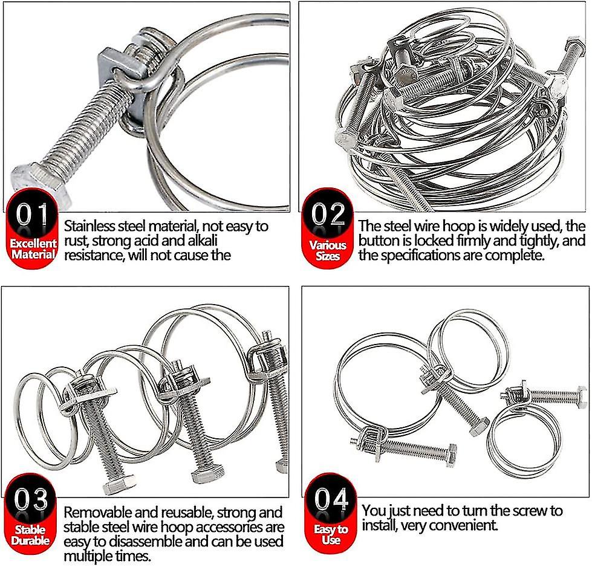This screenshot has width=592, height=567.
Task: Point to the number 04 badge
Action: click(330, 501)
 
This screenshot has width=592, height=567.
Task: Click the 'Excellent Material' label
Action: click(33, 248)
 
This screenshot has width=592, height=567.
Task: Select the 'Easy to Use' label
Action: click(331, 534)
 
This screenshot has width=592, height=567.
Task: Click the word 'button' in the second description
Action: click(377, 241)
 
